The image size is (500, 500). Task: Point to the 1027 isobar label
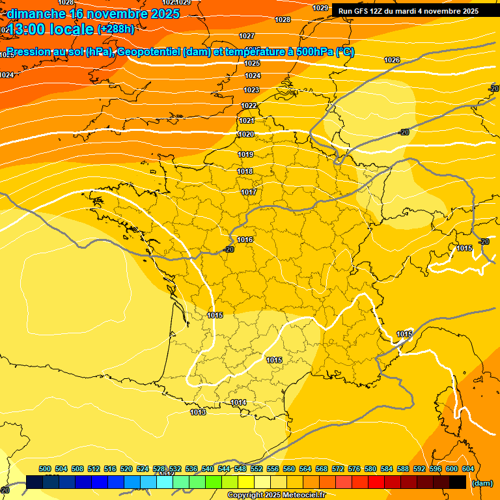pyautogui.click(x=247, y=36)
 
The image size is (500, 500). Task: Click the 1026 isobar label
pyautogui.click(x=392, y=60)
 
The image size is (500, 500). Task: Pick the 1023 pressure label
pyautogui.click(x=252, y=90)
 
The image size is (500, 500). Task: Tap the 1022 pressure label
pyautogui.click(x=249, y=105)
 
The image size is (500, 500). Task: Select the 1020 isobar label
pyautogui.click(x=245, y=134)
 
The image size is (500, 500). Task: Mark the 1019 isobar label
pyautogui.click(x=245, y=154)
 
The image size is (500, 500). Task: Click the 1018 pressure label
pyautogui.click(x=245, y=171)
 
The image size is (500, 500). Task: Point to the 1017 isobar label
pyautogui.click(x=249, y=192)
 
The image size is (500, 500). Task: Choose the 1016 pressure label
pyautogui.click(x=245, y=240)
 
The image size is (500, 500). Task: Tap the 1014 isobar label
pyautogui.click(x=239, y=403)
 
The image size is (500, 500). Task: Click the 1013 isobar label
pyautogui.click(x=198, y=412)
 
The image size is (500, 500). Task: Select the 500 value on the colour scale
pyautogui.click(x=45, y=469)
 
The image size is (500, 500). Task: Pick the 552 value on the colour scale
pyautogui.click(x=257, y=469)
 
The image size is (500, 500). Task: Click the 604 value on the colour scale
pyautogui.click(x=468, y=469)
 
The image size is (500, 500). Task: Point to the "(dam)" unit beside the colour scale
pyautogui.click(x=482, y=483)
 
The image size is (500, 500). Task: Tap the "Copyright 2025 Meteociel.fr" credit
pyautogui.click(x=276, y=495)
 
